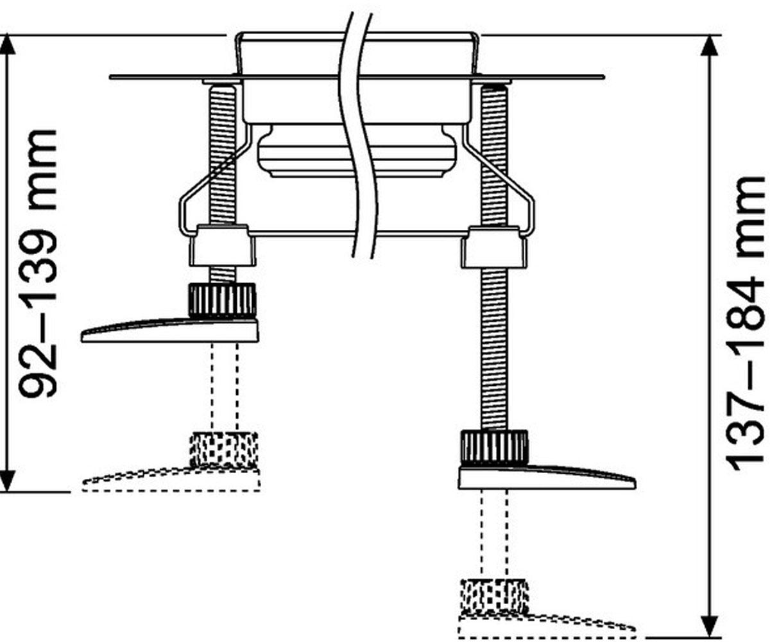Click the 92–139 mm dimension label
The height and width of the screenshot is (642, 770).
point(38,263)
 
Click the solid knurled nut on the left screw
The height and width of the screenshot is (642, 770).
point(223,300)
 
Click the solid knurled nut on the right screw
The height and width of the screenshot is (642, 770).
point(493,447)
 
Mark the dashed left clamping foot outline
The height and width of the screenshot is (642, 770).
point(171,480)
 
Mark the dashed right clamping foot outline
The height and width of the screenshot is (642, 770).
point(547,627)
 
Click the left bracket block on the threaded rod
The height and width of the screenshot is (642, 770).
point(223,245)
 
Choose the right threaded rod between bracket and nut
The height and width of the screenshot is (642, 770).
point(494,349)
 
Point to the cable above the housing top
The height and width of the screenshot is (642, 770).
point(357,23)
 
